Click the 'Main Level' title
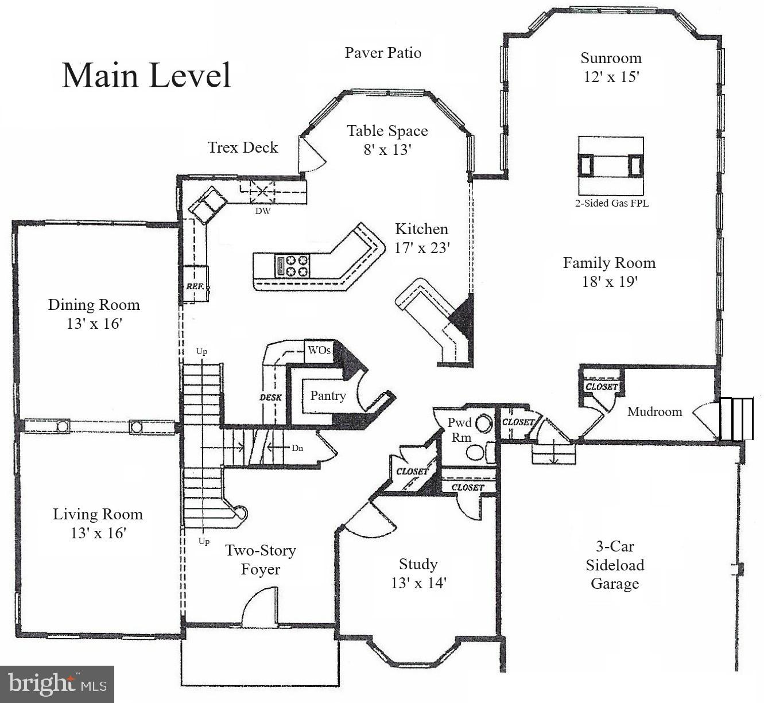pos(146,75)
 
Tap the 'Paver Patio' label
pos(382,53)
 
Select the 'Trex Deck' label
pos(243,147)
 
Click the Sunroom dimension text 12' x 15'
pos(611,76)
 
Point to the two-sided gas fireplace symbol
pos(611,165)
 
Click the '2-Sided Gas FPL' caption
pos(611,203)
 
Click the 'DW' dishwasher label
pos(262,211)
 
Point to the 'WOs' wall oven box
pos(319,350)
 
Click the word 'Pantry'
pos(328,395)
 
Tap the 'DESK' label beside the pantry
pos(270,397)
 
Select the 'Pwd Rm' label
pos(459,430)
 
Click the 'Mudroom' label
pos(654,411)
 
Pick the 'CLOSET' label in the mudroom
pos(602,387)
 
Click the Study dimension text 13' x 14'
pos(418,583)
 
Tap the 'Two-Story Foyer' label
pos(260,560)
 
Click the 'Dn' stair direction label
pos(297,448)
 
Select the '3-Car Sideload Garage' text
pos(615,565)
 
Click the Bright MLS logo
pos(57,684)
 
